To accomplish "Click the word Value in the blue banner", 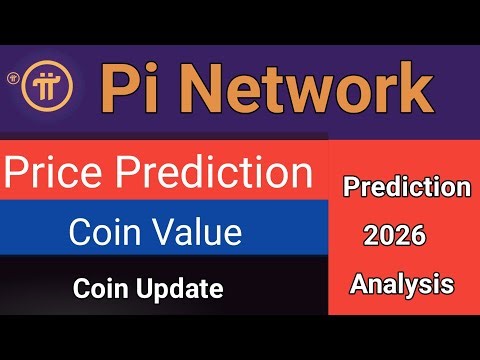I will tap(196, 232).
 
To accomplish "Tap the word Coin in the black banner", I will tap(98, 290).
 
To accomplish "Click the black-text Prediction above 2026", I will tap(406, 187).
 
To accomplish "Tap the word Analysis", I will tap(401, 285).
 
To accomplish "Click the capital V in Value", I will tap(163, 232).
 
